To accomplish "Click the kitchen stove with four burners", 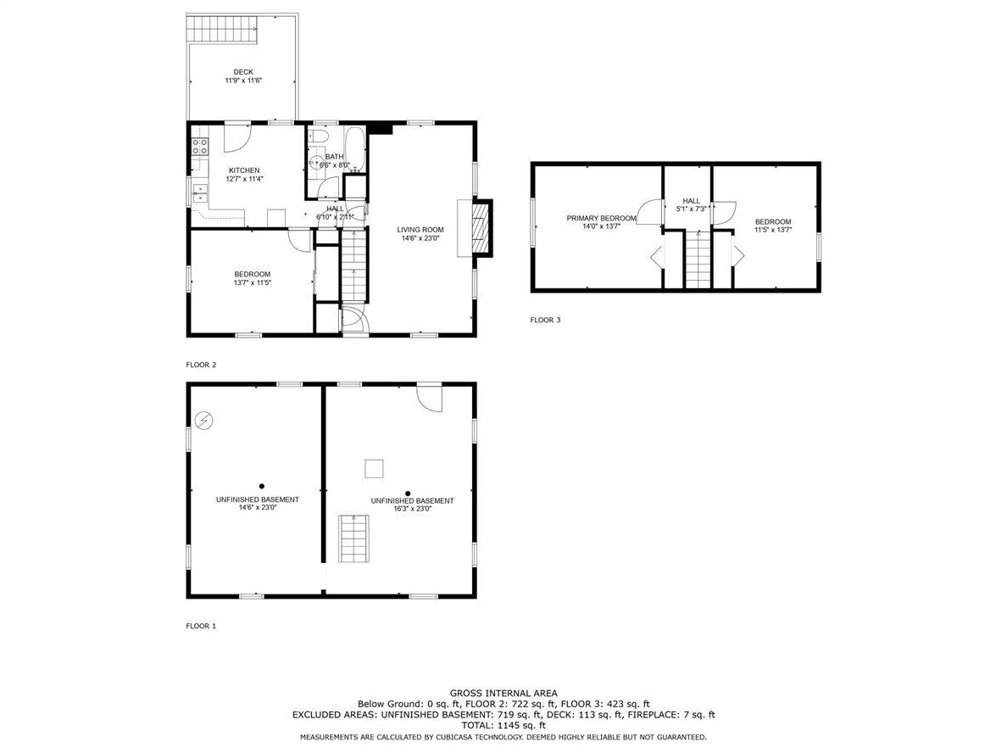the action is (x=200, y=148).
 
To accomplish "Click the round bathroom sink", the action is (x=315, y=160).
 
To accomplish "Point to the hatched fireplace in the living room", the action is (x=481, y=229).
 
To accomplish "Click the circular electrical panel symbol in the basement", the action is (x=205, y=421).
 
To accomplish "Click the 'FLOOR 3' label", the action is (x=545, y=320).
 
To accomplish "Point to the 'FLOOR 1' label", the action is (x=201, y=626).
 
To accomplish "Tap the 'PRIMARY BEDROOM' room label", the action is (x=601, y=219).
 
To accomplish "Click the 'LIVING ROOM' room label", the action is (x=420, y=230).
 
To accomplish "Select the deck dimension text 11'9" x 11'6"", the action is (x=243, y=81).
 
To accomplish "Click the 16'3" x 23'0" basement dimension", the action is (x=412, y=509).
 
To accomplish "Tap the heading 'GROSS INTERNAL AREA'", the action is (x=503, y=694).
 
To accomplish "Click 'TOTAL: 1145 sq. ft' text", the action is (x=503, y=725).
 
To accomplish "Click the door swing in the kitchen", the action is (x=237, y=137).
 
